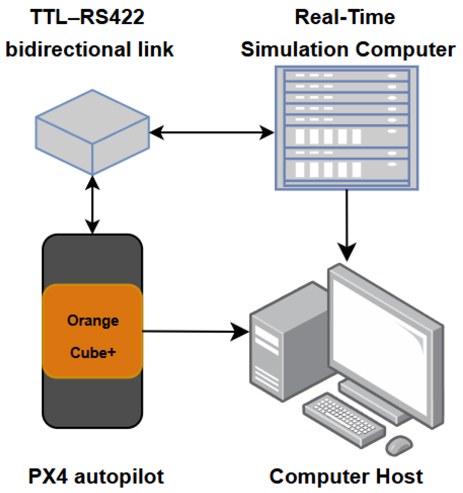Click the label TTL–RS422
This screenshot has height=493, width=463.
(x=87, y=17)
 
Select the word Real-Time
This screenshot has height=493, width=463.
(x=345, y=17)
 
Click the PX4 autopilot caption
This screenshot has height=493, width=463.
(x=96, y=477)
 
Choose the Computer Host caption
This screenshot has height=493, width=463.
(x=346, y=476)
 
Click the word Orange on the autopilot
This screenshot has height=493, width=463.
(x=93, y=321)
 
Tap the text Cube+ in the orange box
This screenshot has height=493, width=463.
(x=93, y=352)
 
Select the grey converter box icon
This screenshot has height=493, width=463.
(x=92, y=132)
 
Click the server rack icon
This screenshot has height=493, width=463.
(x=346, y=128)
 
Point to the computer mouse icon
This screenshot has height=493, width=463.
(x=399, y=445)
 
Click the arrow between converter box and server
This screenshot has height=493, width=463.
(x=212, y=132)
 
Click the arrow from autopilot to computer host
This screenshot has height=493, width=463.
(x=196, y=331)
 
